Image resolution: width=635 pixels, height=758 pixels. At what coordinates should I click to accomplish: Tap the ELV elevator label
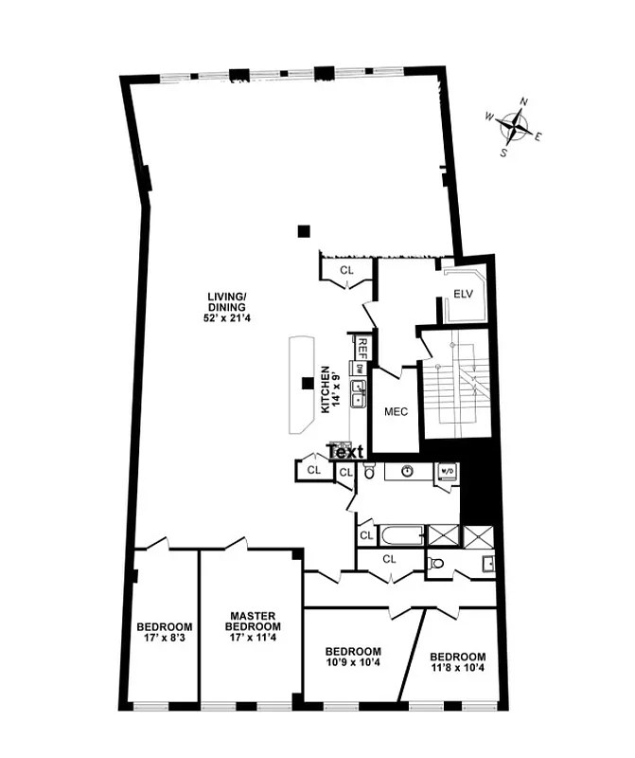click(463, 295)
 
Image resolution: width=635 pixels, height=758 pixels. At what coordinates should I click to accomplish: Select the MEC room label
click(395, 412)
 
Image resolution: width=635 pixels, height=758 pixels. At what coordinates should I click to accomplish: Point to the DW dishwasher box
click(360, 368)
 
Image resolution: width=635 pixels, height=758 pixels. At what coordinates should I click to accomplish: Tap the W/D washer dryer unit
click(446, 471)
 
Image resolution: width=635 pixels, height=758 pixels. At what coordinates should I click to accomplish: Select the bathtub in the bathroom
click(401, 535)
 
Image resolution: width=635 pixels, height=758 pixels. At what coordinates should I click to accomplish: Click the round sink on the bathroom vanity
click(407, 470)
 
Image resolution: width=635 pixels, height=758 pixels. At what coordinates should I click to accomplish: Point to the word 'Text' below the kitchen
click(345, 451)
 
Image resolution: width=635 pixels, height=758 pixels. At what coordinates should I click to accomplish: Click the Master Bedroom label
click(253, 622)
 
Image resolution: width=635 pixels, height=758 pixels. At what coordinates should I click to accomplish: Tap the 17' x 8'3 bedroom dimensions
click(164, 640)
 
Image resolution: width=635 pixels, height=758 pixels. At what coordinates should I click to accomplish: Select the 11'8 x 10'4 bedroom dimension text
click(457, 669)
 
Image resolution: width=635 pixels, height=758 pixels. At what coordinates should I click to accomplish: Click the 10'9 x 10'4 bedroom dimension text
click(353, 664)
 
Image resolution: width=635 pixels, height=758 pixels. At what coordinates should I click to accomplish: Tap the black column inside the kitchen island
click(306, 384)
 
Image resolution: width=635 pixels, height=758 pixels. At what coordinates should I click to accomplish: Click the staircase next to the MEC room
click(453, 385)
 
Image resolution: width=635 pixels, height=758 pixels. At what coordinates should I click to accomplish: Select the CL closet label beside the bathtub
click(366, 536)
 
